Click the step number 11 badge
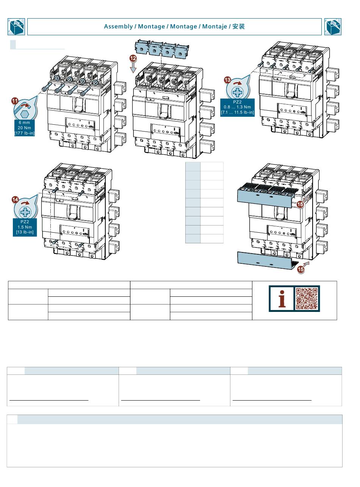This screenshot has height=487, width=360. (15, 101)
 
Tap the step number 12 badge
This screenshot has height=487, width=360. (133, 58)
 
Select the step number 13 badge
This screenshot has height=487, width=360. (227, 80)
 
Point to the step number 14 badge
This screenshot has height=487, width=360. (15, 199)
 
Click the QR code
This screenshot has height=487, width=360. (307, 299)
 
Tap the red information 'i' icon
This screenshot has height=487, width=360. (282, 299)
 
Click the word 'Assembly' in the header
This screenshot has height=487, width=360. (118, 27)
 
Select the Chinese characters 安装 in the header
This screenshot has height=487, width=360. (239, 27)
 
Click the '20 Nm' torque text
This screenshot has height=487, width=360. (25, 128)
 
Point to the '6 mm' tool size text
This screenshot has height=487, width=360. (25, 122)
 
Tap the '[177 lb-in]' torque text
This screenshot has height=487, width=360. (25, 133)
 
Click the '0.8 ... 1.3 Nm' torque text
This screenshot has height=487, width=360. (238, 107)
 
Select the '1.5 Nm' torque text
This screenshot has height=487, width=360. (25, 227)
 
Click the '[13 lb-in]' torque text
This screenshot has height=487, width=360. (25, 232)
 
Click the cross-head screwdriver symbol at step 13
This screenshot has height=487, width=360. (238, 91)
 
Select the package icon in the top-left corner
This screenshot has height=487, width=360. (16, 27)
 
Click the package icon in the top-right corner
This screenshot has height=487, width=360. (333, 27)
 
